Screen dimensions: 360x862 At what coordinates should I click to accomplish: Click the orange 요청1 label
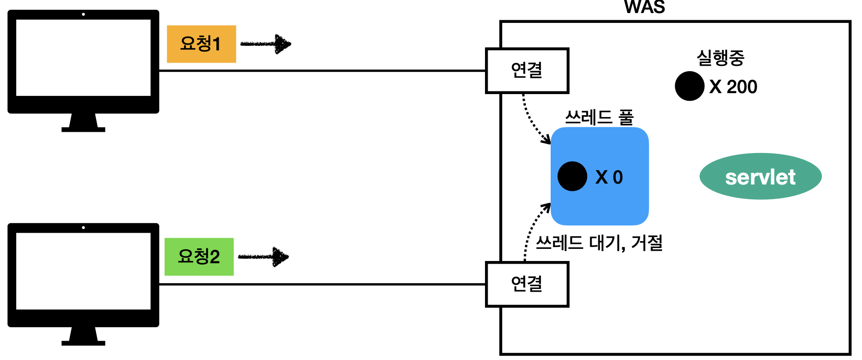(x=201, y=44)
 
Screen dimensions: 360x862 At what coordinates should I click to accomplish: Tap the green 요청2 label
(x=199, y=256)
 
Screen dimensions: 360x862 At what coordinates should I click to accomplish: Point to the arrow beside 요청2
(x=264, y=257)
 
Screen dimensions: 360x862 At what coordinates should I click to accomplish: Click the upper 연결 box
(x=527, y=71)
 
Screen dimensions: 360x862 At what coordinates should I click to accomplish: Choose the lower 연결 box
(x=527, y=284)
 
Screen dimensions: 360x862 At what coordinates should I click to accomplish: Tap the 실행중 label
(x=720, y=58)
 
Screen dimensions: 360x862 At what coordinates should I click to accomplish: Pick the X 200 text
(x=733, y=87)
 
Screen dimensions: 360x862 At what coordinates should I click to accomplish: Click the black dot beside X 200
(x=689, y=86)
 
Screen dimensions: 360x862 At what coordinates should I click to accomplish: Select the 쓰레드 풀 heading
(x=599, y=118)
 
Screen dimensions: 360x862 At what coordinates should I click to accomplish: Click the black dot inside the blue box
(x=572, y=176)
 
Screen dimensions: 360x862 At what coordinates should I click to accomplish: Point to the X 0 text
(x=609, y=177)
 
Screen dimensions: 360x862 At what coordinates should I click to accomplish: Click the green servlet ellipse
(x=760, y=176)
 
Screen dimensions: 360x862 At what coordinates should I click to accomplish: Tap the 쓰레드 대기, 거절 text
(x=599, y=243)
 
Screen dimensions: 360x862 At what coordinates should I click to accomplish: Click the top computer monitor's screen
(x=83, y=58)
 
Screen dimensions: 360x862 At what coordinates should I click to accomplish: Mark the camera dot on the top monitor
(x=83, y=14)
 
